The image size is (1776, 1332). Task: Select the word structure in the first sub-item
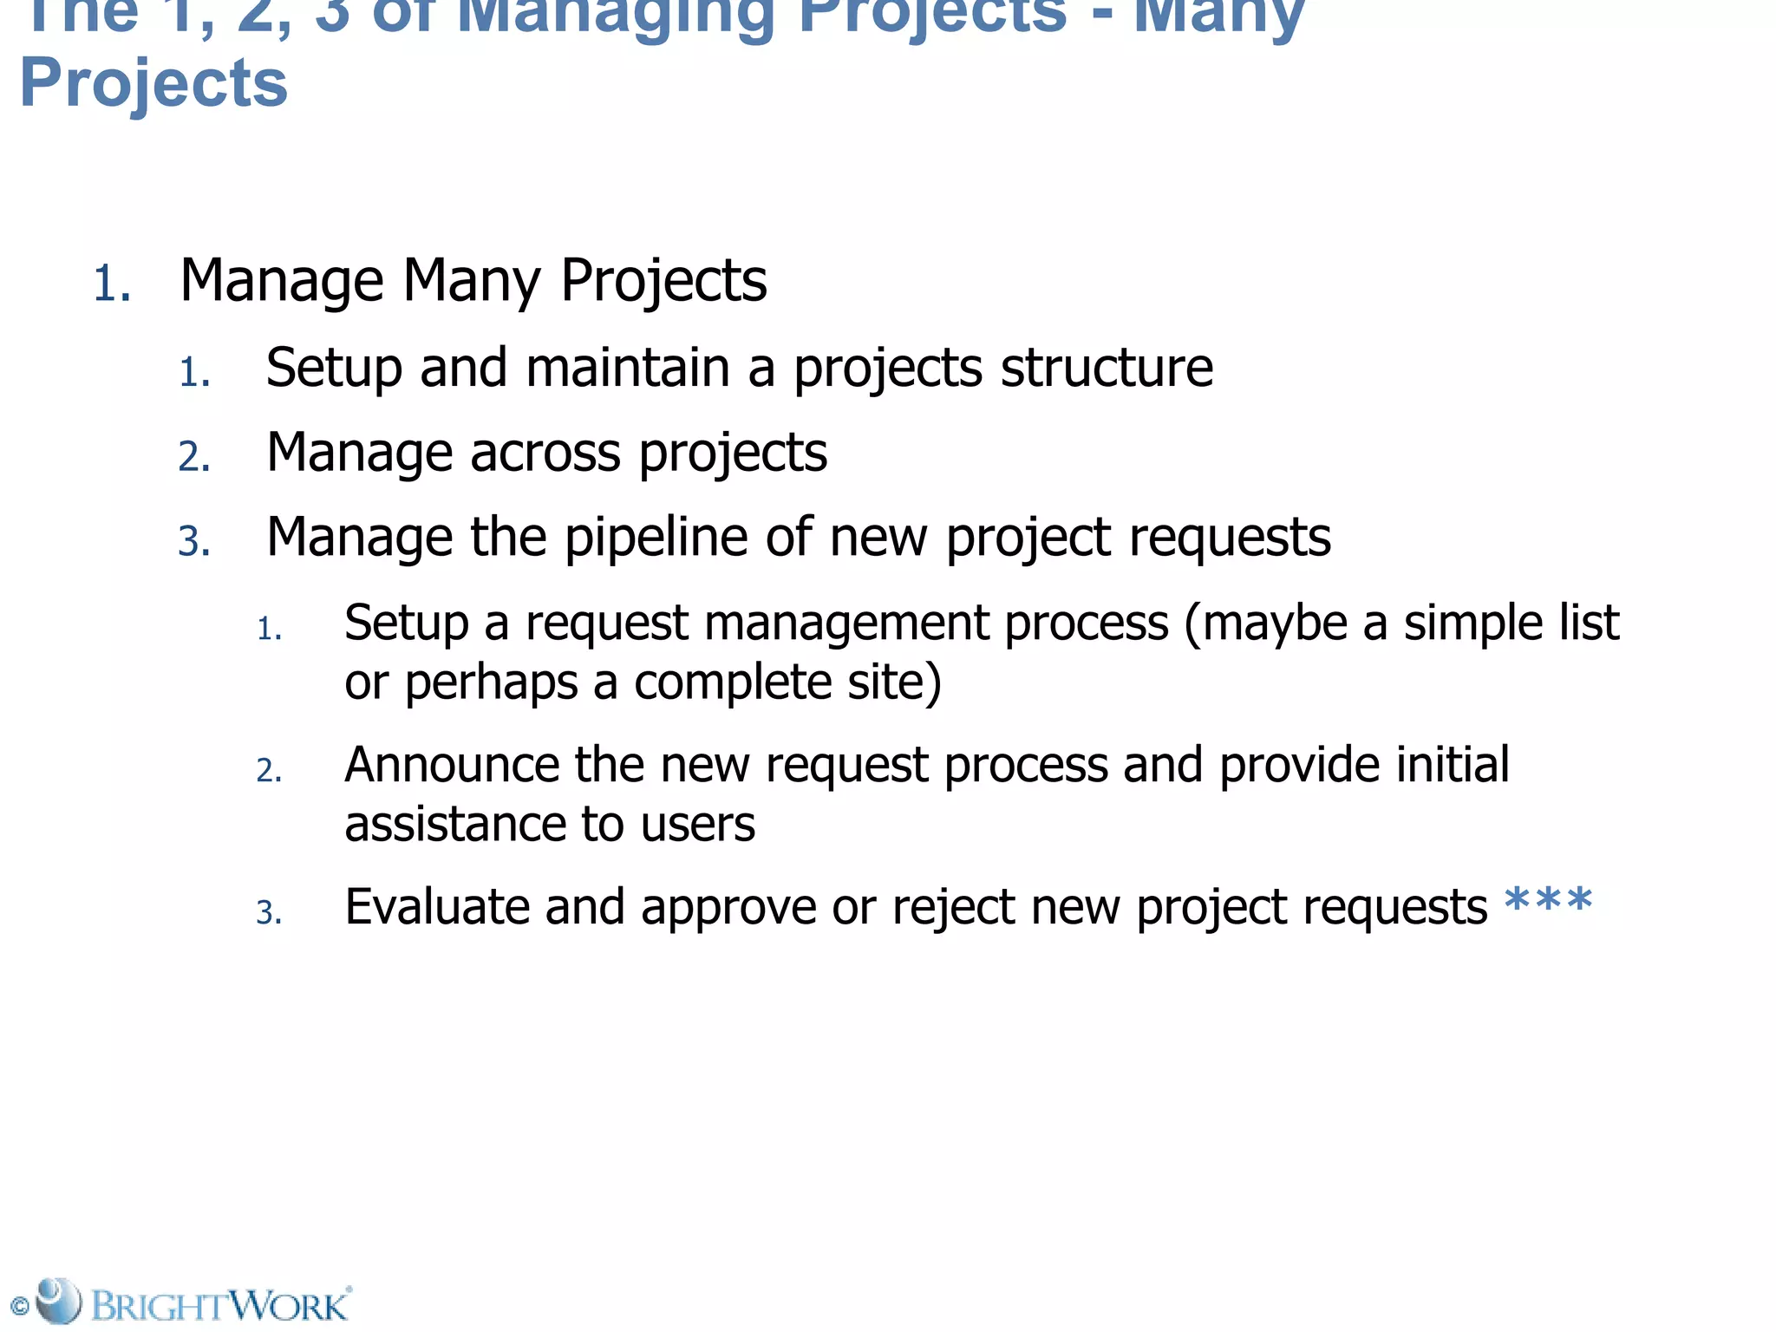click(x=1107, y=368)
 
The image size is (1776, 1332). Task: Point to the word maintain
click(x=628, y=368)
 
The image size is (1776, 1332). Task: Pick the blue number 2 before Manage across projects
click(x=194, y=457)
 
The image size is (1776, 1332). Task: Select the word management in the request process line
click(x=847, y=624)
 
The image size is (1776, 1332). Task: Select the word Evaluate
click(x=436, y=907)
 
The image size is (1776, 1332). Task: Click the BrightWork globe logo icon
click(x=59, y=1300)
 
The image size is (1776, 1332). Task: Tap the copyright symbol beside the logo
click(x=19, y=1306)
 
